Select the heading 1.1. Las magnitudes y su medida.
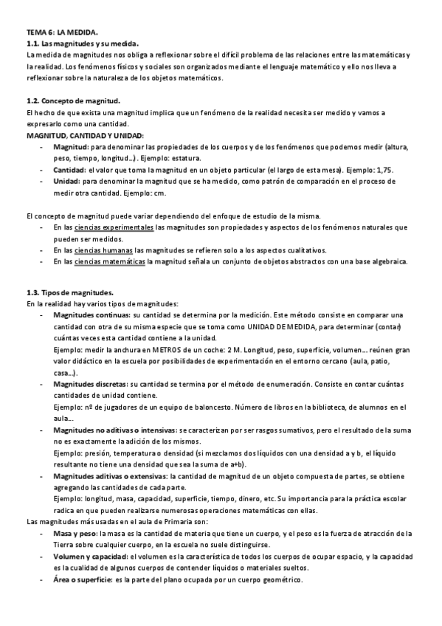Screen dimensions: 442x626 point(77,44)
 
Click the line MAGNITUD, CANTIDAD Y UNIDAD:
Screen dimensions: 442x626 point(85,136)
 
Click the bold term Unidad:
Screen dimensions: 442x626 point(66,181)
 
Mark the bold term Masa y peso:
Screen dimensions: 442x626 point(76,534)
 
